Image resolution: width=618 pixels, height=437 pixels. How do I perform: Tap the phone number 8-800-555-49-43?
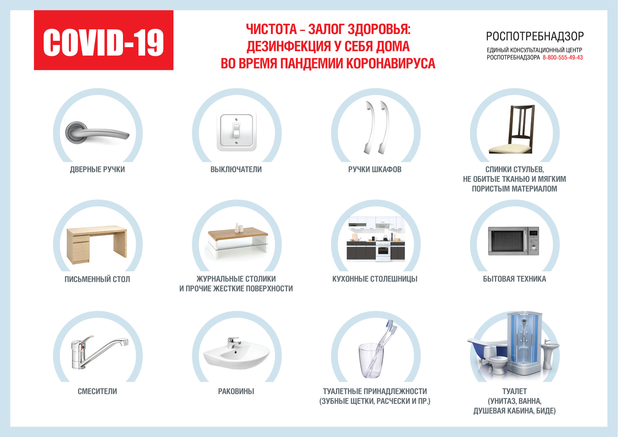pos(562,57)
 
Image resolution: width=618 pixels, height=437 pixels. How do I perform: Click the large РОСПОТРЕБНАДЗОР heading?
pos(535,37)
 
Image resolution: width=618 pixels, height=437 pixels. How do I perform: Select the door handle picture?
pos(97,132)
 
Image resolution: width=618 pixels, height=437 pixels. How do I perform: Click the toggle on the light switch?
pos(236,131)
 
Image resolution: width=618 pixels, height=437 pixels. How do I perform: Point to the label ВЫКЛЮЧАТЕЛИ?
pos(236,169)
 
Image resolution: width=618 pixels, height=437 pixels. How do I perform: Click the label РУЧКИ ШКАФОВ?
pos(375,169)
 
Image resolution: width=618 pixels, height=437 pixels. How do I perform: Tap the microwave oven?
pos(513,241)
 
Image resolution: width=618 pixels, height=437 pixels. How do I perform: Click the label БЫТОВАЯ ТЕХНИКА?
pos(514,279)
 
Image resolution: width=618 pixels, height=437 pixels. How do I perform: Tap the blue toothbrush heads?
pos(392,326)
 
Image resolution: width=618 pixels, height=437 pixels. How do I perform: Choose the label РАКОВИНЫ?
pos(236,391)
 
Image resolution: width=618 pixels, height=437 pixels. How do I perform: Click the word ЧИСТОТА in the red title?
pos(271,29)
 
